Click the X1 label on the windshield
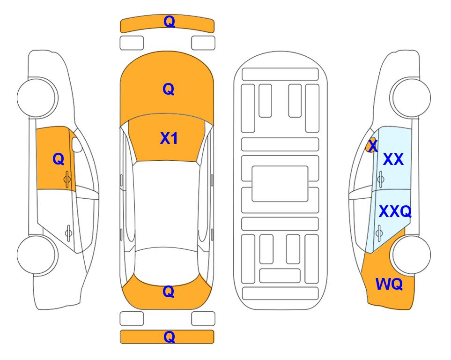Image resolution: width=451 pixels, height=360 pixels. (x=169, y=138)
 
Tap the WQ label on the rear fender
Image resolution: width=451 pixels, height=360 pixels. (x=389, y=284)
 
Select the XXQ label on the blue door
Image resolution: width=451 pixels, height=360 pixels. (x=395, y=211)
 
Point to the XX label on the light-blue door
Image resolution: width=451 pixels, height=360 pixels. (x=393, y=159)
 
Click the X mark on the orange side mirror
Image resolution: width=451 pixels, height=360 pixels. (x=373, y=145)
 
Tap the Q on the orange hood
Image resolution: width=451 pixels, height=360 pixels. (x=169, y=89)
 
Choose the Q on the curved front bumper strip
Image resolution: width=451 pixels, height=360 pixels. (x=169, y=22)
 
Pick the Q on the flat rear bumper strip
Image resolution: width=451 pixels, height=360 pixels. (x=169, y=337)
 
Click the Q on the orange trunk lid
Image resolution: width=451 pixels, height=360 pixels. (x=169, y=292)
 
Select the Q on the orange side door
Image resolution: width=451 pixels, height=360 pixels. (x=59, y=159)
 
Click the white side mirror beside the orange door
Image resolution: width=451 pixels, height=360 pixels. (x=76, y=144)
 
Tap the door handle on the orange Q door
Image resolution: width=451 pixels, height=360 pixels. (x=67, y=179)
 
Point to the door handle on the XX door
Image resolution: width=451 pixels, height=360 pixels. (x=381, y=179)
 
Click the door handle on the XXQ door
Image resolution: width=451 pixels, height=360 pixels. (x=379, y=232)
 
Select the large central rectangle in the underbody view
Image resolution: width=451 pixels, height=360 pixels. (x=280, y=184)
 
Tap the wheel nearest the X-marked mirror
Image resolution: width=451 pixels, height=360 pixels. (x=410, y=97)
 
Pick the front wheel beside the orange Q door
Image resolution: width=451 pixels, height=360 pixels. (x=37, y=97)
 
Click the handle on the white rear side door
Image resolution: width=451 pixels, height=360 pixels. (x=68, y=232)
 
